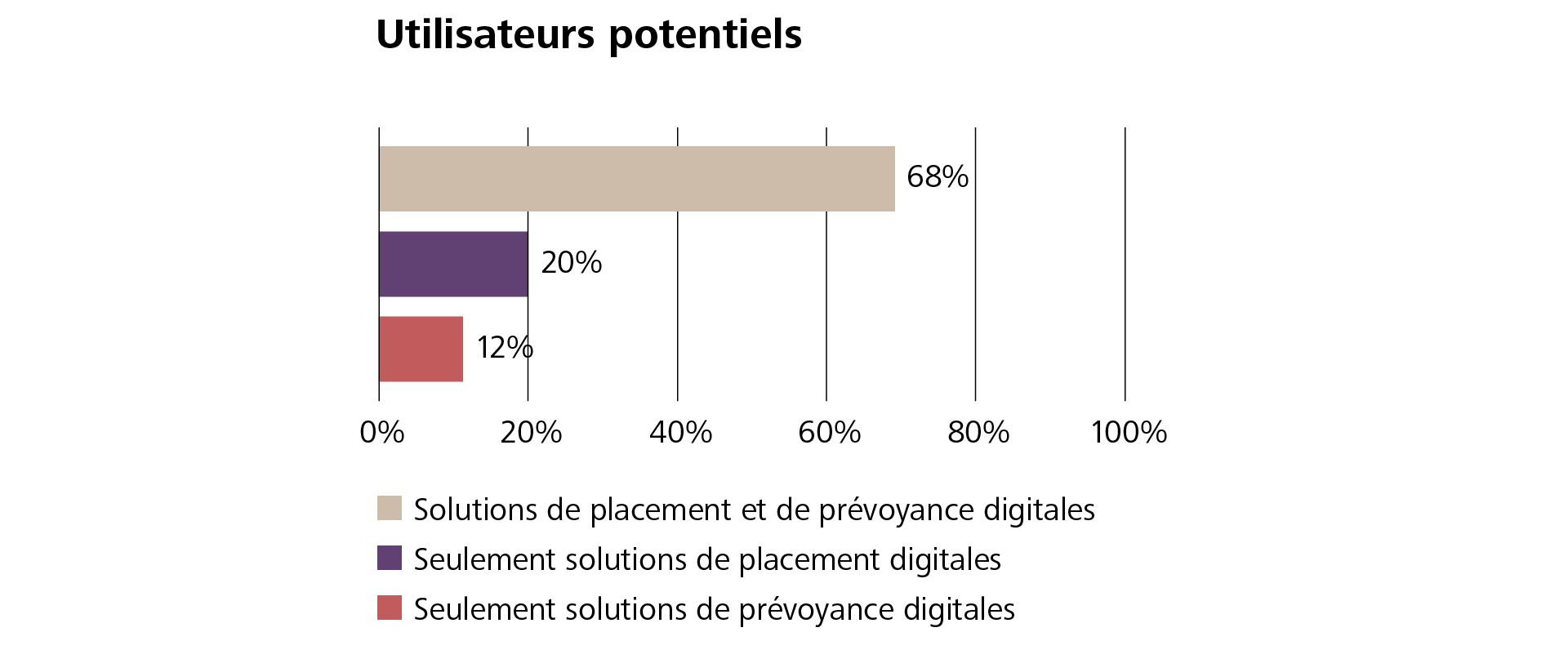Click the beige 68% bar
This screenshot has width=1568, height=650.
click(x=636, y=179)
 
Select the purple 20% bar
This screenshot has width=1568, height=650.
click(x=453, y=264)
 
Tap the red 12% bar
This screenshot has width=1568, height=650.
click(x=421, y=349)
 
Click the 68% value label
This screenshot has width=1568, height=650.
click(x=937, y=177)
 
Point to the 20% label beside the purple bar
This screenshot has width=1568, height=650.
click(x=571, y=263)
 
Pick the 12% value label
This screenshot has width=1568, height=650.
click(x=505, y=348)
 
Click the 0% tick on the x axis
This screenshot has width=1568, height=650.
click(x=381, y=432)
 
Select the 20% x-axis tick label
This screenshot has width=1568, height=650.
click(x=531, y=432)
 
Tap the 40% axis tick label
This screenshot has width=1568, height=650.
click(x=680, y=432)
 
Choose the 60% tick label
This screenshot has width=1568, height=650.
click(x=829, y=432)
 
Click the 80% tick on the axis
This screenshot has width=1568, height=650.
click(x=978, y=432)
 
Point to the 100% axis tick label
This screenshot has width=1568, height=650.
click(x=1129, y=432)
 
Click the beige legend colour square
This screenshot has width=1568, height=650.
click(x=390, y=508)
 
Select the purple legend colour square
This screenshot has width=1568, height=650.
click(x=390, y=559)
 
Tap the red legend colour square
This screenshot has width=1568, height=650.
click(x=390, y=608)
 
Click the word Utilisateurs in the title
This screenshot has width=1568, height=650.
click(x=485, y=34)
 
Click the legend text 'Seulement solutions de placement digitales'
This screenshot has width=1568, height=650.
click(x=707, y=559)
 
